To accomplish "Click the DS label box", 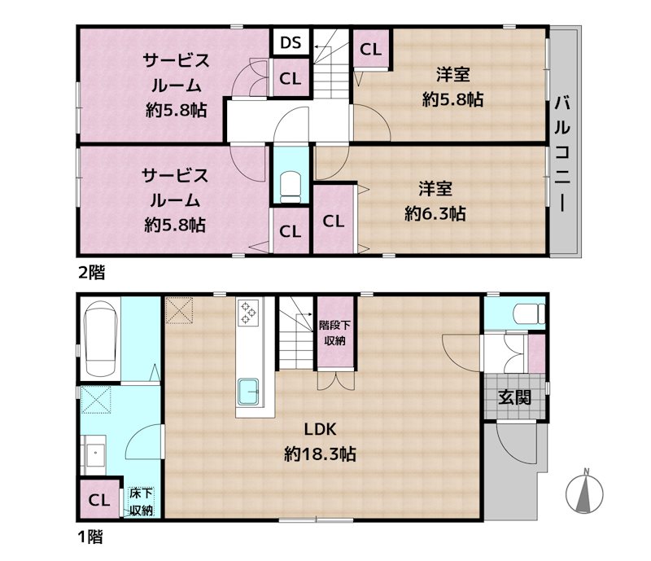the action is pyautogui.click(x=291, y=42).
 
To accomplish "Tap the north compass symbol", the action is pyautogui.click(x=584, y=492).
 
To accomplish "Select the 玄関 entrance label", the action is pyautogui.click(x=514, y=397).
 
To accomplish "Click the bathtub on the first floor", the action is pyautogui.click(x=99, y=339).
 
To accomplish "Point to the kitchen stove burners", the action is pyautogui.click(x=248, y=312).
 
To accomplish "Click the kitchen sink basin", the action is pyautogui.click(x=248, y=392).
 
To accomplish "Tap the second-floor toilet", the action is pyautogui.click(x=291, y=188).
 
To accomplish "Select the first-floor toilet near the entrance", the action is pyautogui.click(x=529, y=313).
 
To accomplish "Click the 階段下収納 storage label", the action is pyautogui.click(x=334, y=332).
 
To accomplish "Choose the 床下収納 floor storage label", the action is pyautogui.click(x=141, y=502).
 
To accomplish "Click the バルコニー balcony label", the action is pyautogui.click(x=562, y=154).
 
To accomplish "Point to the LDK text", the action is pyautogui.click(x=320, y=429).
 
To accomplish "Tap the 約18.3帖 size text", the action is pyautogui.click(x=320, y=454).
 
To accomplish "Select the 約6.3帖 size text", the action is pyautogui.click(x=435, y=213).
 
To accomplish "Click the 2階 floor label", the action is pyautogui.click(x=92, y=273).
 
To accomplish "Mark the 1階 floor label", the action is pyautogui.click(x=90, y=537).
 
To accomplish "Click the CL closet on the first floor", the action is pyautogui.click(x=99, y=499).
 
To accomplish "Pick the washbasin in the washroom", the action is pyautogui.click(x=95, y=455).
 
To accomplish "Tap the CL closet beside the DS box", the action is pyautogui.click(x=291, y=77).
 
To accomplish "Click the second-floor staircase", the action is pyautogui.click(x=330, y=64).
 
